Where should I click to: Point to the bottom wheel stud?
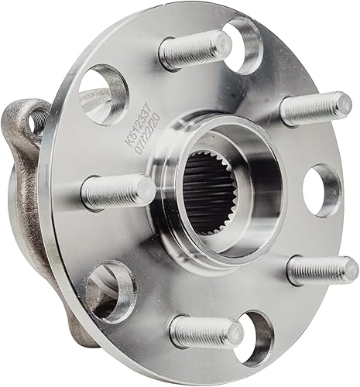pos(205,333)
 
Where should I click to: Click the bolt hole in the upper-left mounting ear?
pos(35,119)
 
